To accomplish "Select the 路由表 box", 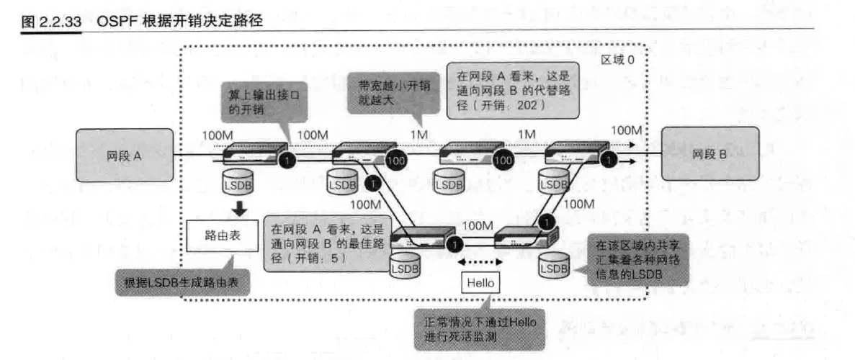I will [x=222, y=235].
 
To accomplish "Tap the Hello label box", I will [x=480, y=282].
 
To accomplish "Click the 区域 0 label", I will [x=617, y=60].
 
